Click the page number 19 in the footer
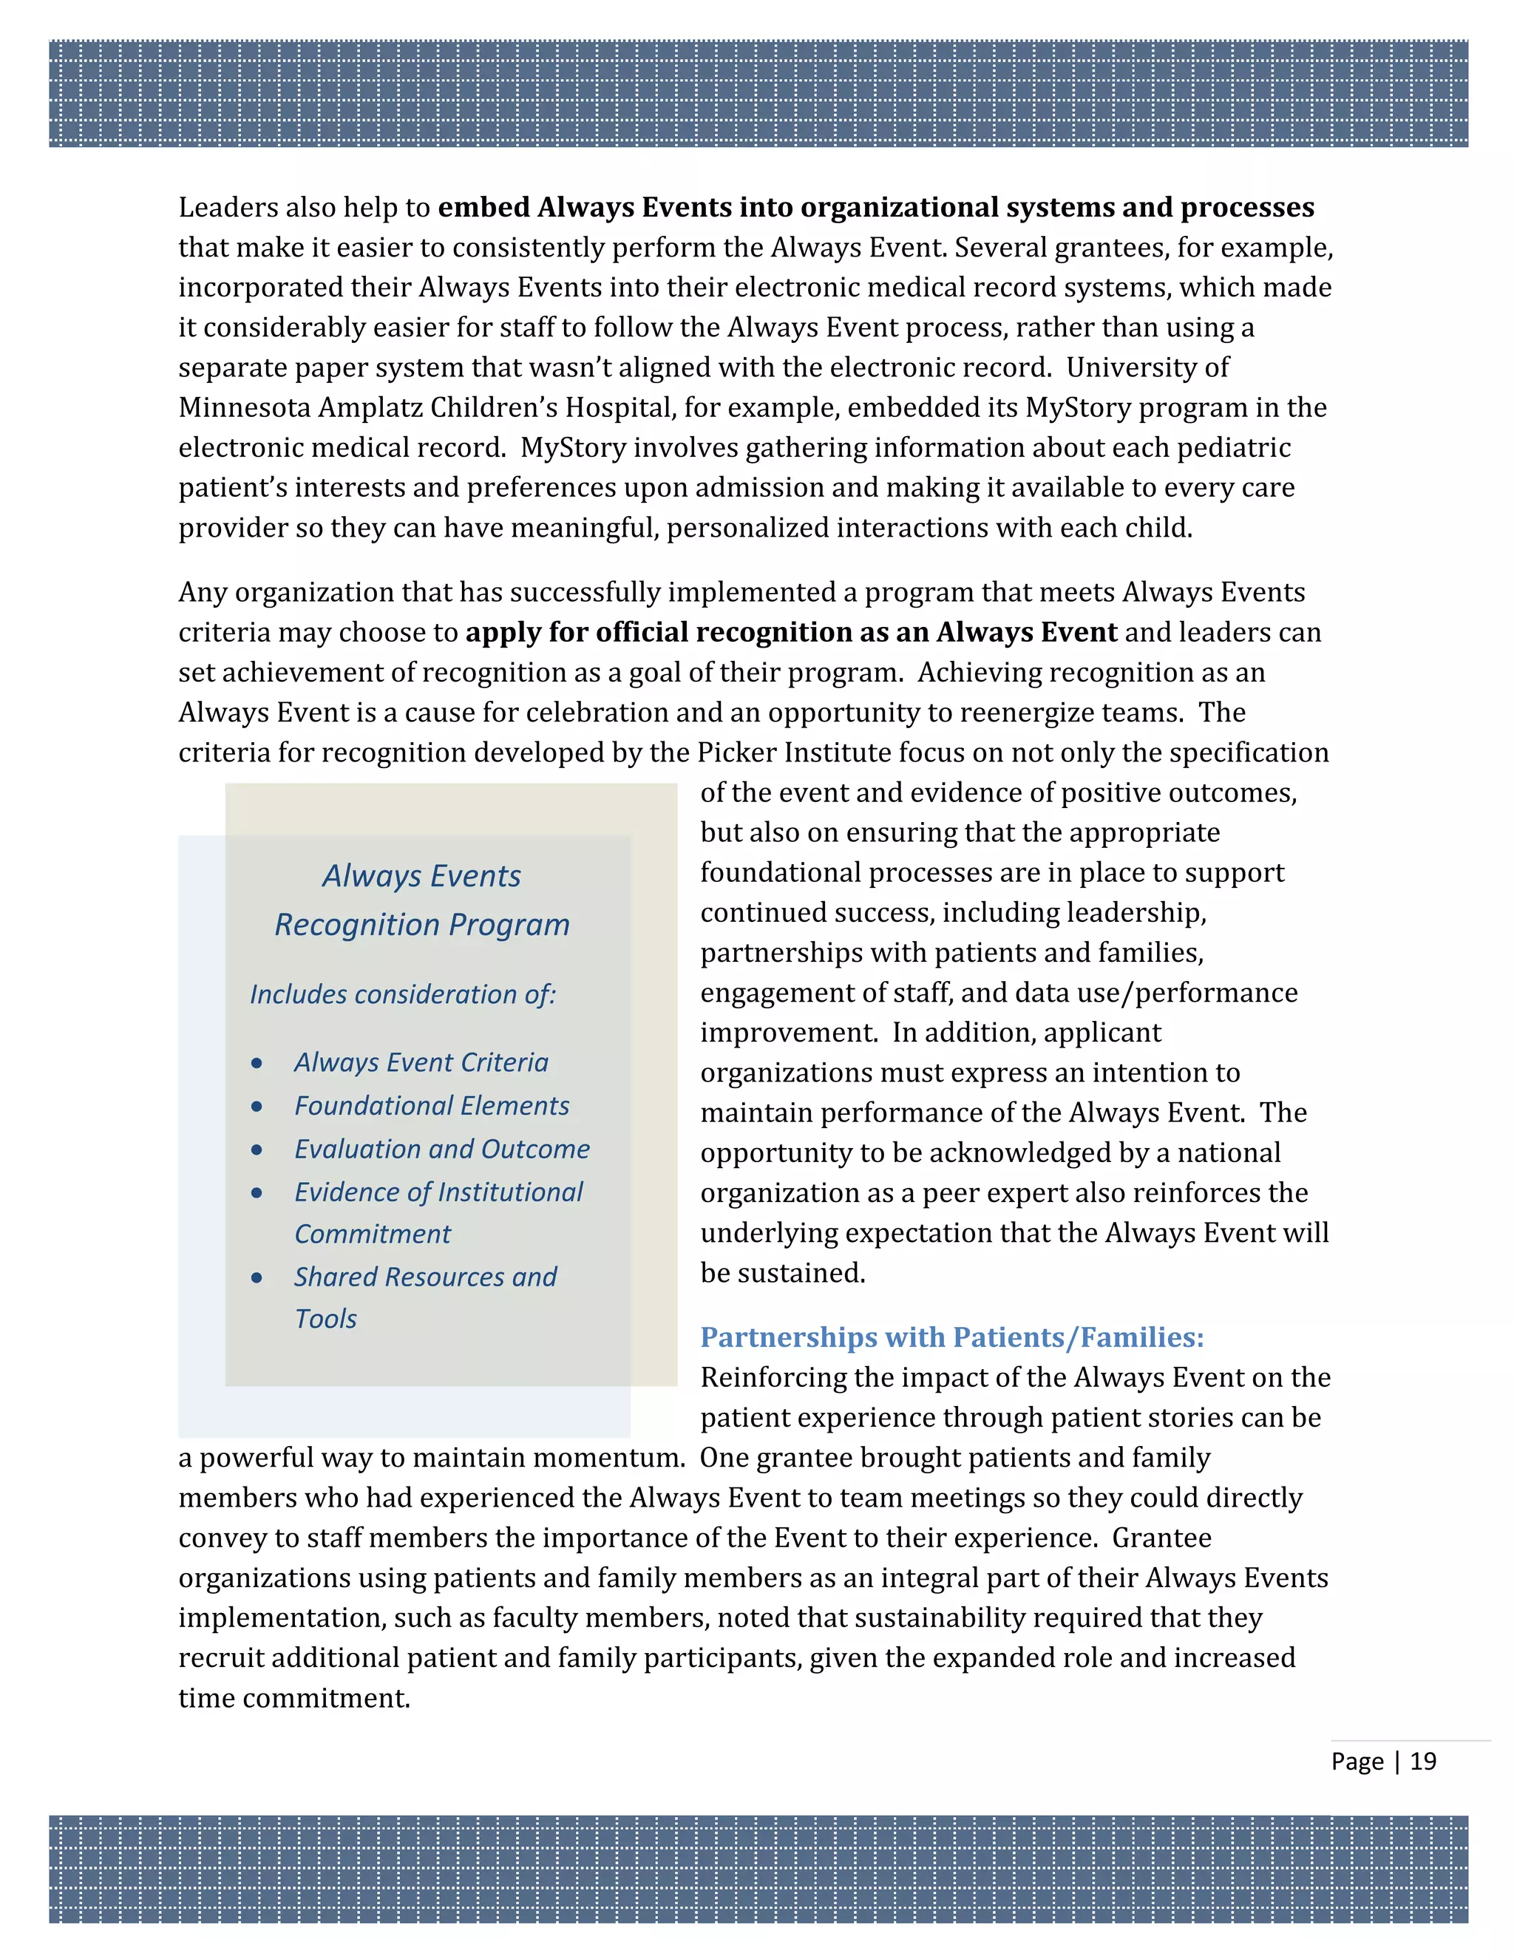pyautogui.click(x=1422, y=1761)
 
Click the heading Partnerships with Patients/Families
pyautogui.click(x=951, y=1337)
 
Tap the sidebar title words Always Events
pyautogui.click(x=421, y=875)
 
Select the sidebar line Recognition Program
pyautogui.click(x=421, y=924)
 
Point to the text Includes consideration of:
pyautogui.click(x=403, y=994)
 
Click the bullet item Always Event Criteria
pyautogui.click(x=421, y=1062)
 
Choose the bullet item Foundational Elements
pyautogui.click(x=432, y=1105)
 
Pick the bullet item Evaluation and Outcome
pyautogui.click(x=442, y=1148)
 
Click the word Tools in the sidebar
pyautogui.click(x=325, y=1319)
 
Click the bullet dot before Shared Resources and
pyautogui.click(x=257, y=1277)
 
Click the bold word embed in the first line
pyautogui.click(x=483, y=207)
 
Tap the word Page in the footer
pyautogui.click(x=1357, y=1761)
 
